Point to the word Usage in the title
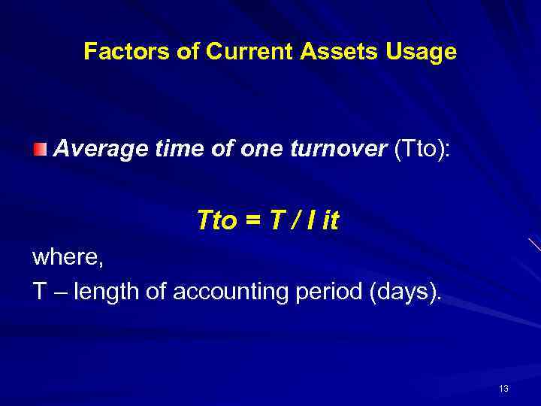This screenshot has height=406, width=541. click(422, 51)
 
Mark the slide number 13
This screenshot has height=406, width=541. click(503, 388)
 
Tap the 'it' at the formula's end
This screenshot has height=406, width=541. click(331, 220)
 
